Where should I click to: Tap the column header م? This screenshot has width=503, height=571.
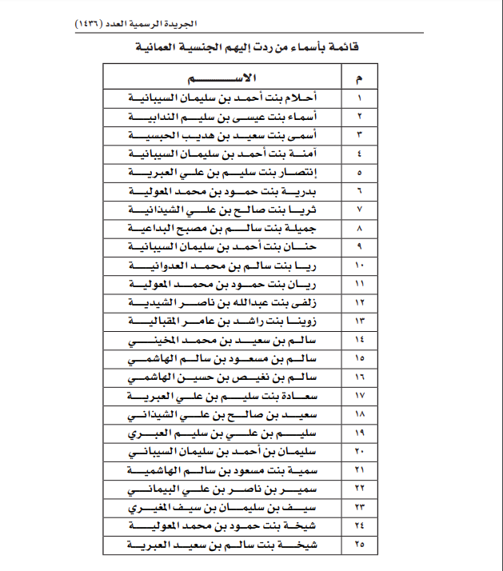pos(358,78)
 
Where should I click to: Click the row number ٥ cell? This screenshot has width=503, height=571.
pos(358,172)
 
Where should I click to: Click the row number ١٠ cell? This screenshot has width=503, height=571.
pos(358,266)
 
